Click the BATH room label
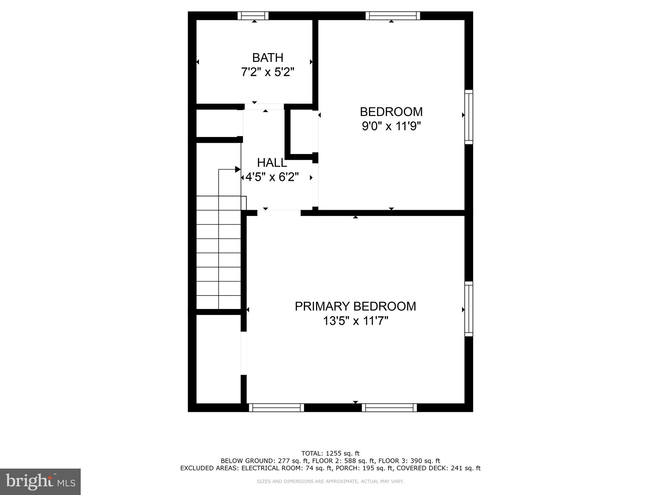point(268,58)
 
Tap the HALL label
point(272,163)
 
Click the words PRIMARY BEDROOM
point(355,306)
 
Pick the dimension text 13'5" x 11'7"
point(355,321)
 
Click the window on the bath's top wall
point(253,15)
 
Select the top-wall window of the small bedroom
point(393,15)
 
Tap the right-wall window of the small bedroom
point(469,117)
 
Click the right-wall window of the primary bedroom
point(469,309)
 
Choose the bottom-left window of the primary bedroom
point(276,408)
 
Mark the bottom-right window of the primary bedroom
point(389,408)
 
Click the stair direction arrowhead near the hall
point(238,169)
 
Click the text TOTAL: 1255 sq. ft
point(330,453)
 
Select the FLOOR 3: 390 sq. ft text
point(409,461)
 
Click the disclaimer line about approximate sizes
point(330,481)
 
